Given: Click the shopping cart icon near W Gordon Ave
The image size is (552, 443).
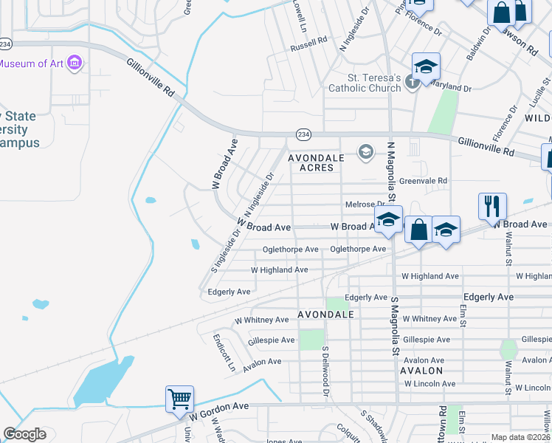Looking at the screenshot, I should point(180,399).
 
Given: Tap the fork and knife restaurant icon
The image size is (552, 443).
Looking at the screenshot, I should point(492,205).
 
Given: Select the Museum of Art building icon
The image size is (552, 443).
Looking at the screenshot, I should point(74,63).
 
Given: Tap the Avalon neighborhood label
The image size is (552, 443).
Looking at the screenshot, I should point(421,371).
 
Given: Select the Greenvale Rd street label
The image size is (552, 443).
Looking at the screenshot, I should point(423,180).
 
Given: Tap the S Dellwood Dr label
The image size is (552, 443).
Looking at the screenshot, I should point(325,372).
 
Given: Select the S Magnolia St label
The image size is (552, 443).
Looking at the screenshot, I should point(395,325).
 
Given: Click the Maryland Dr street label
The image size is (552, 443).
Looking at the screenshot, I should point(449,87).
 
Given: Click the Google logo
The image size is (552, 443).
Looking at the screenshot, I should point(24,434).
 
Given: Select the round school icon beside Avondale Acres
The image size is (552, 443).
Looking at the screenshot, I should point(365,152).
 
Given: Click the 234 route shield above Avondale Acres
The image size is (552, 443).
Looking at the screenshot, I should point(303,134).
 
